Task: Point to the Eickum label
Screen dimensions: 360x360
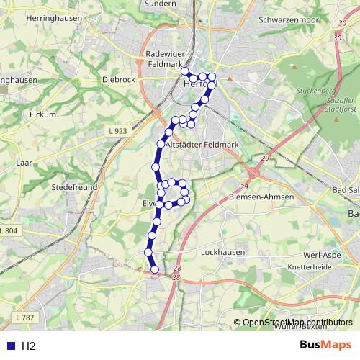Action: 42,114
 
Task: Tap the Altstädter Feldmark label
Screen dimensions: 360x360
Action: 202,145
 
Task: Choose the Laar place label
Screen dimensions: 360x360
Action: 23,163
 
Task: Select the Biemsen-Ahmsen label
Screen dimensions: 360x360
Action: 261,197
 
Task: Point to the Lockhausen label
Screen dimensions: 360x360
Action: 222,253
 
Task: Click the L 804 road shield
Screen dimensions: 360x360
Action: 9,230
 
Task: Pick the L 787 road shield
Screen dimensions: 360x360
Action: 24,317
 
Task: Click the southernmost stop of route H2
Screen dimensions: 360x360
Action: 155,269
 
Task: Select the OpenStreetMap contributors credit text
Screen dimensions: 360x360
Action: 297,323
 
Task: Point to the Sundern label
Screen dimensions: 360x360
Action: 160,4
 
